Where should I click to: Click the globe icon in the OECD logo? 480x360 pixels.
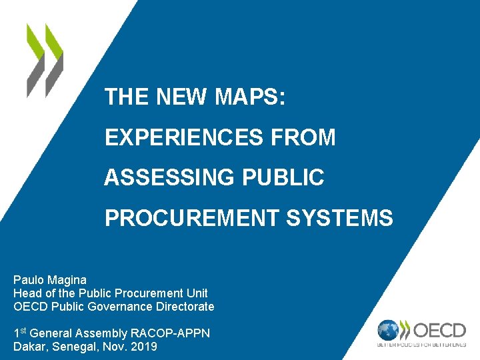[388, 330]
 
